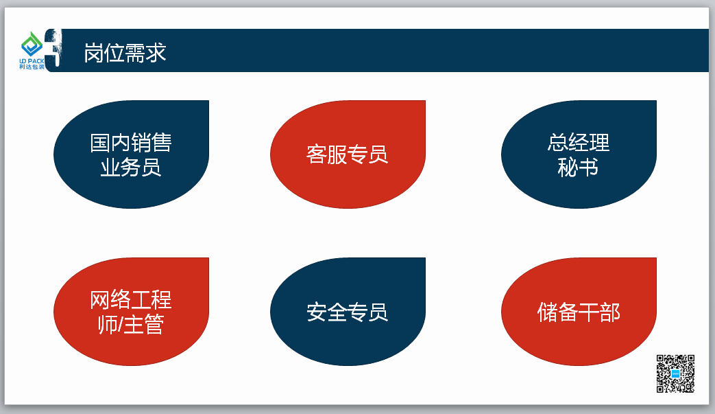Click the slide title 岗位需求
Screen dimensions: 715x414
point(125,53)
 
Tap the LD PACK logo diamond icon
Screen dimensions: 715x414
point(32,44)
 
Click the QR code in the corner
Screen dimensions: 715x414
point(675,373)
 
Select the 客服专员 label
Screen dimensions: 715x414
point(347,154)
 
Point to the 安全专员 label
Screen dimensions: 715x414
point(347,312)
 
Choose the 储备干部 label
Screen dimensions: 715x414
point(579,312)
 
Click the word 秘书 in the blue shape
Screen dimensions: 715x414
point(578,167)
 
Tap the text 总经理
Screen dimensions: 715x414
point(579,142)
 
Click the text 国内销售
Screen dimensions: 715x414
point(131,142)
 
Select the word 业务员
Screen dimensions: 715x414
point(131,167)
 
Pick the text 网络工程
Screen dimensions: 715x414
point(131,300)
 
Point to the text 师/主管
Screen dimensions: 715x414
point(131,325)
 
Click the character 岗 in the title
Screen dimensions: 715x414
point(94,53)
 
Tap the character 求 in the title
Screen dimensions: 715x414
point(156,53)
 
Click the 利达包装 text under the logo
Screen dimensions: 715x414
point(32,67)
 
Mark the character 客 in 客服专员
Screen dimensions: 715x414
point(316,154)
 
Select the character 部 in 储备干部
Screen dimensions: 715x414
point(610,312)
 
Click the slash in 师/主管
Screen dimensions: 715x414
point(121,325)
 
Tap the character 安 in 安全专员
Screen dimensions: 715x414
point(317,312)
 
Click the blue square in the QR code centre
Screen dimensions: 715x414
point(675,373)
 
